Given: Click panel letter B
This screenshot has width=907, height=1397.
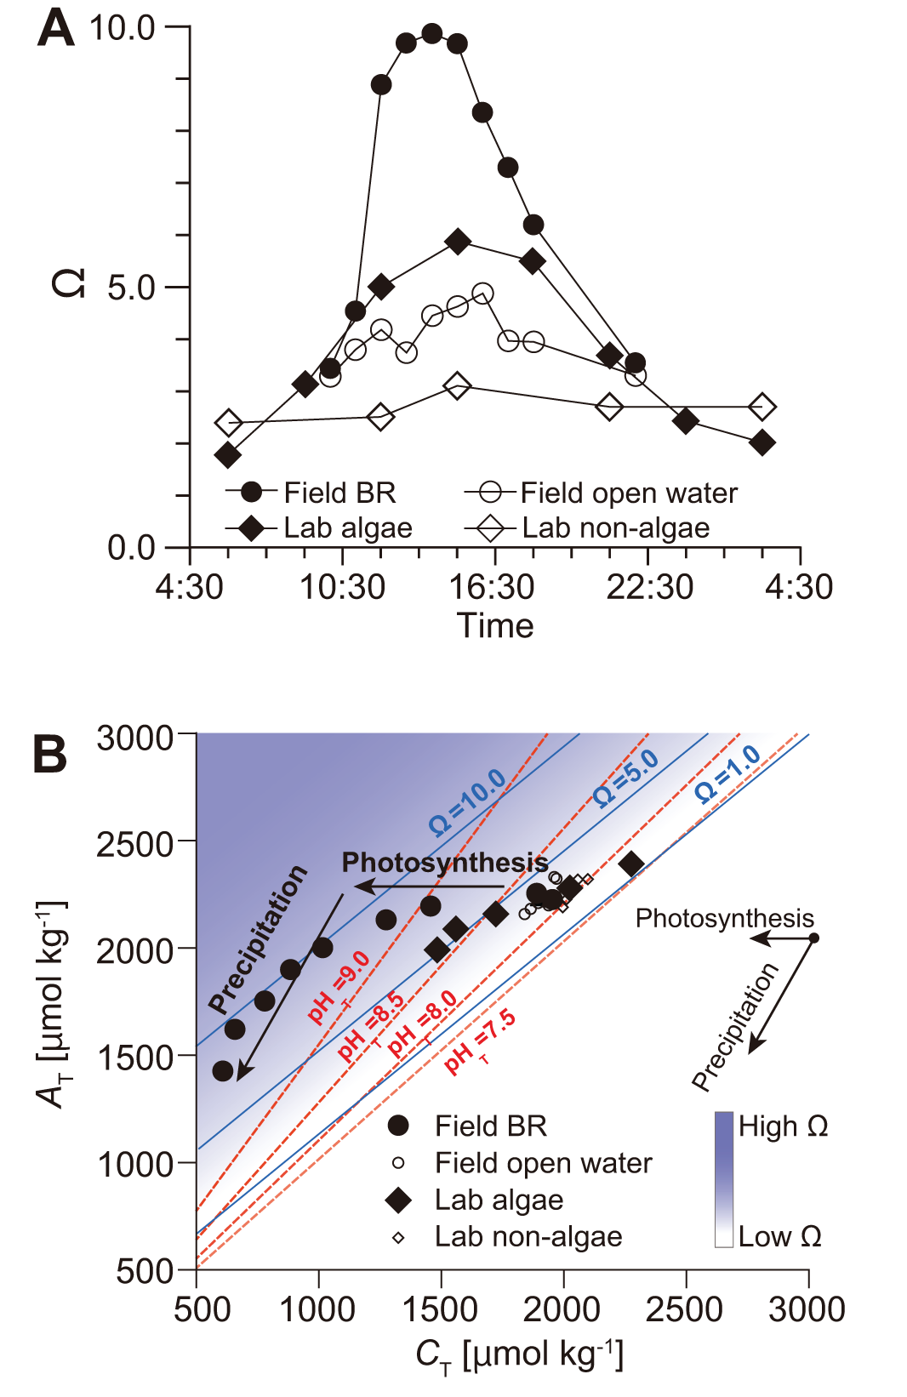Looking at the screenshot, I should click(49, 755).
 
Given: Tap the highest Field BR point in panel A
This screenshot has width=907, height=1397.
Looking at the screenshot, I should click(432, 34).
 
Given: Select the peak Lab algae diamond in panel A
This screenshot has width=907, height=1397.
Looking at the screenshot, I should click(458, 242).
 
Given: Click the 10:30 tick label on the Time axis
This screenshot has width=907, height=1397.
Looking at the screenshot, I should click(342, 587).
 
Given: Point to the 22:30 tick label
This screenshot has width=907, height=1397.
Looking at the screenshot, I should click(648, 587).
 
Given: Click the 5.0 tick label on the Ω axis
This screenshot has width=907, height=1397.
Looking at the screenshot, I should click(131, 288).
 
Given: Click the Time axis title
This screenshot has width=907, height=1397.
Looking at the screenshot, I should click(495, 626).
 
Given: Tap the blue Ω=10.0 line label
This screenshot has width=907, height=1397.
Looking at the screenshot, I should click(467, 802).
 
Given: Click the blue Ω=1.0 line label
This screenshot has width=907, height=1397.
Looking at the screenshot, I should click(727, 773).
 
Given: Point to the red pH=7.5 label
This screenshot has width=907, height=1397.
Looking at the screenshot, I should click(480, 1042).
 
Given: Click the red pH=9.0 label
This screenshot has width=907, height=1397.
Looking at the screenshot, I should click(339, 987).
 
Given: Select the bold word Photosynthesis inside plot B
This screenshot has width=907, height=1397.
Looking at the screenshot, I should click(444, 863).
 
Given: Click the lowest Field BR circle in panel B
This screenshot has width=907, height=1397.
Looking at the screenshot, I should click(223, 1071).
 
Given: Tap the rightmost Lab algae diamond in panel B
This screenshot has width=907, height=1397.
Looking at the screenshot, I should click(631, 864).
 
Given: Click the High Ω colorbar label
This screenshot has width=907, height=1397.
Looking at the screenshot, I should click(783, 1126).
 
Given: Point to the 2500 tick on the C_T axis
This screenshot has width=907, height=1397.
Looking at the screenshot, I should click(685, 1309).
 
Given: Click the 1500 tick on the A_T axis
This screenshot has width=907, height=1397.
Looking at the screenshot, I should click(134, 1058).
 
